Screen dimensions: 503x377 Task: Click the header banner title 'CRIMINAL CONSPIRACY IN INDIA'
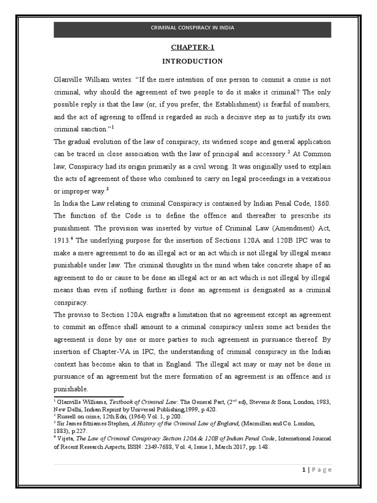[192, 28]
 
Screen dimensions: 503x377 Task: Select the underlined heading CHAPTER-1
[192, 48]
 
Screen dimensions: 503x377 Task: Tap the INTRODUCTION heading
[192, 61]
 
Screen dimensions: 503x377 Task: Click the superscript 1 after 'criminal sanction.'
[112, 127]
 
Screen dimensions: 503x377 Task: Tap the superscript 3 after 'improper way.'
[107, 189]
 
